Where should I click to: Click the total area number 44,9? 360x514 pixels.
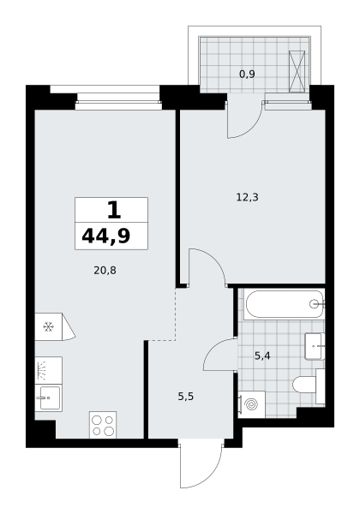tap(106, 236)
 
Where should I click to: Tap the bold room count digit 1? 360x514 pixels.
tap(114, 210)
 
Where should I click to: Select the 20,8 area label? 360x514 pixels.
tap(105, 271)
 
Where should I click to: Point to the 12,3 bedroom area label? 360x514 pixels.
tap(247, 197)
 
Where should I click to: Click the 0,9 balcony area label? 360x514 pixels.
tap(247, 75)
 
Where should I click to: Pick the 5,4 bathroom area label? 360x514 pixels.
tap(262, 356)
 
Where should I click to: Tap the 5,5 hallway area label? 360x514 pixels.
tap(186, 397)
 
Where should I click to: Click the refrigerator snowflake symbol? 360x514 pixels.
tap(49, 326)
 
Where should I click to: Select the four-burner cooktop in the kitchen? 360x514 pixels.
tap(103, 425)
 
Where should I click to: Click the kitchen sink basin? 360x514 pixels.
tap(50, 398)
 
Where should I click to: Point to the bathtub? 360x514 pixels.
tap(284, 304)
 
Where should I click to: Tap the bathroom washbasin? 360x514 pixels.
tap(315, 346)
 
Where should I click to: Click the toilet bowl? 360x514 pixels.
tap(304, 384)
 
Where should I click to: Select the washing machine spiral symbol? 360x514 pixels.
tap(252, 405)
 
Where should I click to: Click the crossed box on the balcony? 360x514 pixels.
tap(297, 71)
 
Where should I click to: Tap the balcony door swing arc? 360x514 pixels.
tap(254, 127)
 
